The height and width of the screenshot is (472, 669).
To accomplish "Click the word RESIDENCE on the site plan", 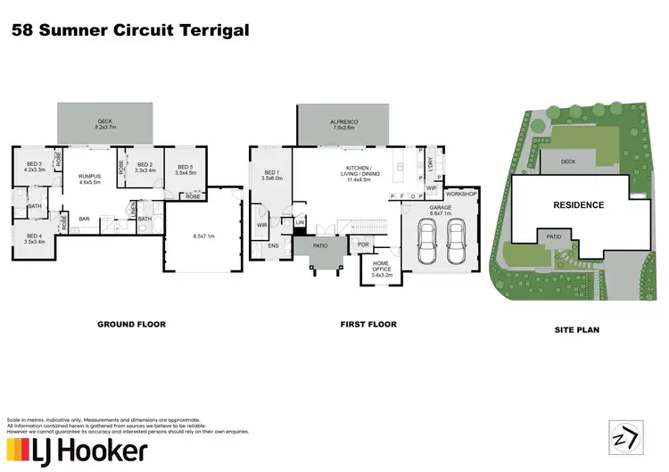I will click(x=579, y=205).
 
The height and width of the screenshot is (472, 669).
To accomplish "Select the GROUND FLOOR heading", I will click(x=131, y=325).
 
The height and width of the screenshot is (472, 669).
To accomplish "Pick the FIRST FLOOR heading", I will click(x=368, y=325).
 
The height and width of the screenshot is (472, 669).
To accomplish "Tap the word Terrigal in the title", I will click(x=211, y=31).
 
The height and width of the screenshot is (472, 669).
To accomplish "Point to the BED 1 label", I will click(x=273, y=175).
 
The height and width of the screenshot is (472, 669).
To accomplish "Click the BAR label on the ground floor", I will click(x=86, y=218).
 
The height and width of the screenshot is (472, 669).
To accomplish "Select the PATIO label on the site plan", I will click(x=554, y=237).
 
